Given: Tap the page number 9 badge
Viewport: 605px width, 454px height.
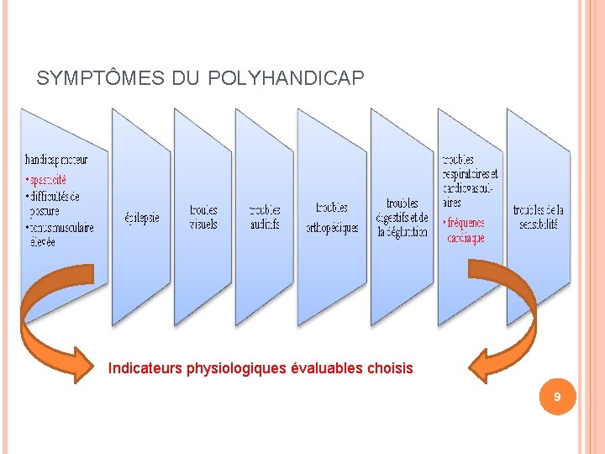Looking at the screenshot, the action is tap(556, 396).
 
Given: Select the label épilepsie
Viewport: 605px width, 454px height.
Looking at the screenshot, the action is tap(141, 217).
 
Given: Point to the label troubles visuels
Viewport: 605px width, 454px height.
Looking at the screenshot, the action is tap(203, 217).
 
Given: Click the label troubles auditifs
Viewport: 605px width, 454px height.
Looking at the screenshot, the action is tap(265, 217).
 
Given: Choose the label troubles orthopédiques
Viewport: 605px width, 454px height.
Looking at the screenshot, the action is tap(332, 217).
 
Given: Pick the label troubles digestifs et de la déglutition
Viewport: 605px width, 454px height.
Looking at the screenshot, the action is tap(402, 217).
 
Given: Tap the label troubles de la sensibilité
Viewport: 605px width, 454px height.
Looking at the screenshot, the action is tap(539, 217).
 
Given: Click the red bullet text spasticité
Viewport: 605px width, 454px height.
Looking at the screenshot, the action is tap(47, 180).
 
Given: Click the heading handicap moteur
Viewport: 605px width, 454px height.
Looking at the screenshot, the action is tap(56, 159).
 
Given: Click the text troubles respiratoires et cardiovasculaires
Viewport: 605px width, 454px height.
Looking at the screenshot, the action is tap(470, 181).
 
